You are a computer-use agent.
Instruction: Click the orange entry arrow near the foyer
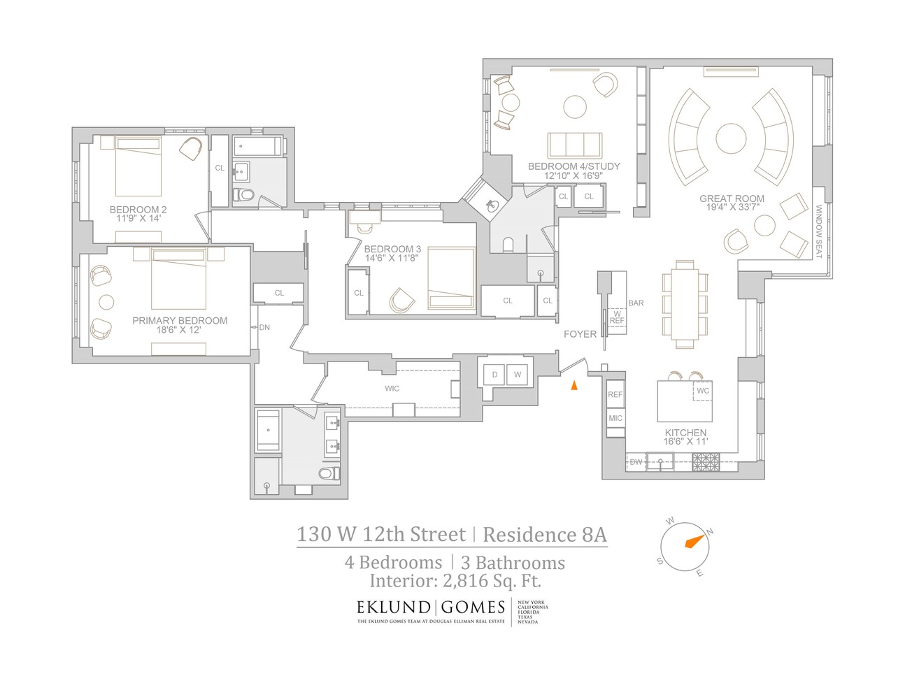pyautogui.click(x=573, y=385)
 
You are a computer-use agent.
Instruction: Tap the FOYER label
pyautogui.click(x=580, y=334)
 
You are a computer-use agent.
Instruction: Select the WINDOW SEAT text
pyautogui.click(x=819, y=231)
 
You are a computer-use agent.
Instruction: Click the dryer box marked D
pyautogui.click(x=494, y=375)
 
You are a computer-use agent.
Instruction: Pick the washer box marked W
pyautogui.click(x=518, y=375)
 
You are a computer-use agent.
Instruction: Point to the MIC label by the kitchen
pyautogui.click(x=615, y=419)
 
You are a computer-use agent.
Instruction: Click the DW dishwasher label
pyautogui.click(x=636, y=462)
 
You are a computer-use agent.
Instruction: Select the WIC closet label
pyautogui.click(x=392, y=389)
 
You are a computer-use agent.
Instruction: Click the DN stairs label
pyautogui.click(x=264, y=327)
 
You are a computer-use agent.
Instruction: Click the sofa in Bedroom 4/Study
pyautogui.click(x=574, y=145)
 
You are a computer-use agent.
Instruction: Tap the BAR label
pyautogui.click(x=636, y=303)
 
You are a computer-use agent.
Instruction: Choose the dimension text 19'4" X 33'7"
pyautogui.click(x=732, y=208)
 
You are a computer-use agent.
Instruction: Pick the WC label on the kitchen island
pyautogui.click(x=703, y=391)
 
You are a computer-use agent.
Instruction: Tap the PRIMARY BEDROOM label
pyautogui.click(x=180, y=321)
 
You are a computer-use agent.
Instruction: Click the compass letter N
pyautogui.click(x=709, y=532)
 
